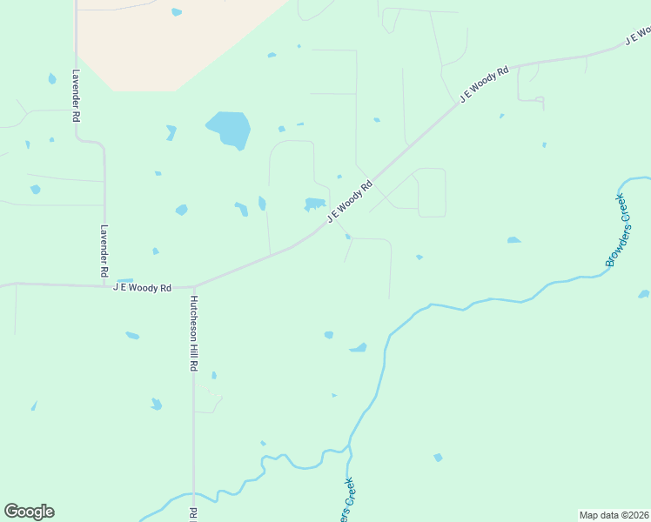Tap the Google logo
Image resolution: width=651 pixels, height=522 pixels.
pyautogui.click(x=29, y=512)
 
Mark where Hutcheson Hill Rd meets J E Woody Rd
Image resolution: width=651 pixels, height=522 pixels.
pyautogui.click(x=193, y=285)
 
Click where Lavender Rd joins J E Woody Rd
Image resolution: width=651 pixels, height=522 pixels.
pyautogui.click(x=105, y=284)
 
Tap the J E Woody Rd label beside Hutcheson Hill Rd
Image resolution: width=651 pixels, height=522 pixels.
pyautogui.click(x=142, y=287)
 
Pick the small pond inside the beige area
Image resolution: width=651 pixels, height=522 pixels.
pyautogui.click(x=177, y=12)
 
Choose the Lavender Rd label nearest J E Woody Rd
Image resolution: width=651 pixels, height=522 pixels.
pyautogui.click(x=104, y=246)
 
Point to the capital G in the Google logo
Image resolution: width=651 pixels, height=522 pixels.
pyautogui.click(x=12, y=512)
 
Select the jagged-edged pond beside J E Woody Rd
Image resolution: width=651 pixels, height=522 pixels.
pyautogui.click(x=314, y=204)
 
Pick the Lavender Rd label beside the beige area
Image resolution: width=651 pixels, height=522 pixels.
pyautogui.click(x=77, y=95)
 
